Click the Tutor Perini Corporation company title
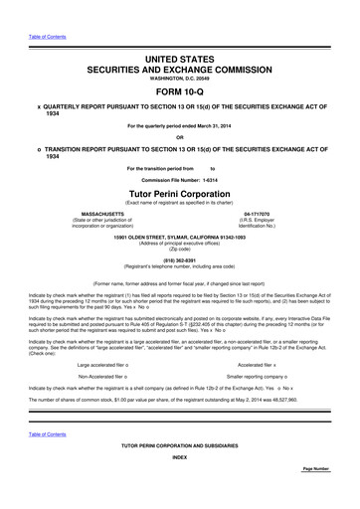[x=180, y=192]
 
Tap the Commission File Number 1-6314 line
[x=180, y=178]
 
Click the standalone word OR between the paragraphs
[x=180, y=136]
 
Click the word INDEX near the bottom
[x=180, y=486]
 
